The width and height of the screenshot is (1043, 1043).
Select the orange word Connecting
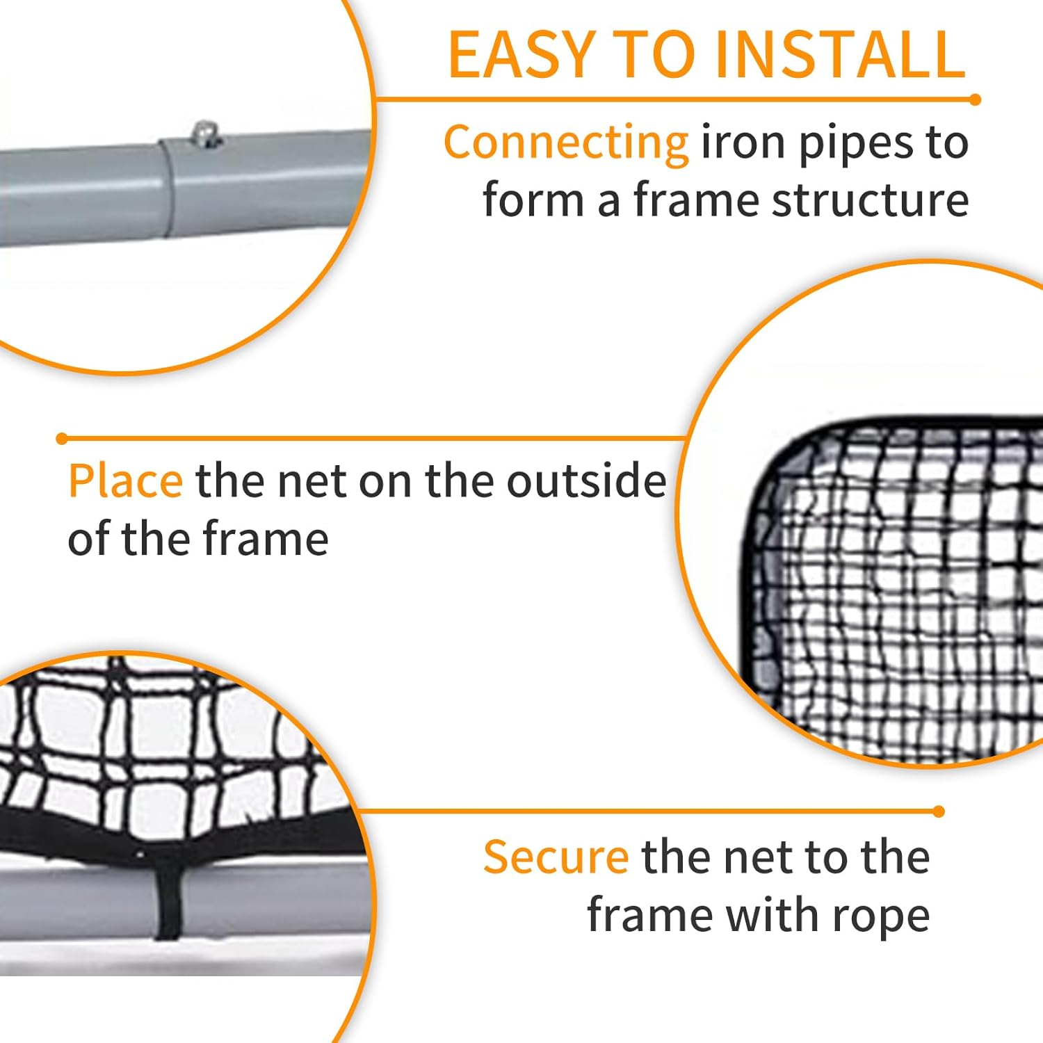[x=566, y=143]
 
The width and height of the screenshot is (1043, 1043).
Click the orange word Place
[x=126, y=481]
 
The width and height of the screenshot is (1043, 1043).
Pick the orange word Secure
[x=556, y=857]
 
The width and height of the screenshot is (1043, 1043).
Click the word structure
[x=871, y=201]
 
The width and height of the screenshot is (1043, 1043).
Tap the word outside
[x=586, y=481]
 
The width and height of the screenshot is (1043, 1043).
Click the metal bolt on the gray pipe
[x=205, y=134]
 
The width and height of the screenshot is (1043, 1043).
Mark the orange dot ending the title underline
[x=975, y=100]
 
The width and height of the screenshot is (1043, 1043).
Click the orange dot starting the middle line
[x=62, y=439]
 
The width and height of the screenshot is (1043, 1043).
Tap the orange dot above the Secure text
[x=939, y=811]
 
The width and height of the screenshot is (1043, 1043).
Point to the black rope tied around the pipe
[x=167, y=904]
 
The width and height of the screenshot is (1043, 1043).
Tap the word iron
[x=744, y=143]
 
